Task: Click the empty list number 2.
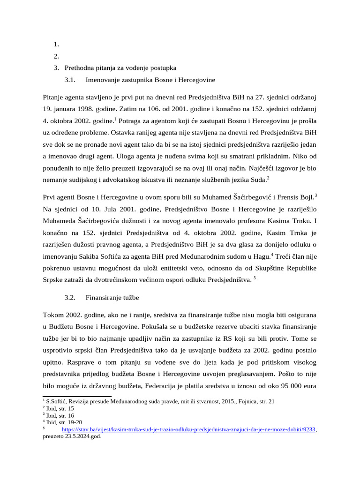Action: (x=56, y=56)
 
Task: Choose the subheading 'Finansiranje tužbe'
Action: (x=112, y=298)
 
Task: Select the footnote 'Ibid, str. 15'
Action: (x=58, y=408)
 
